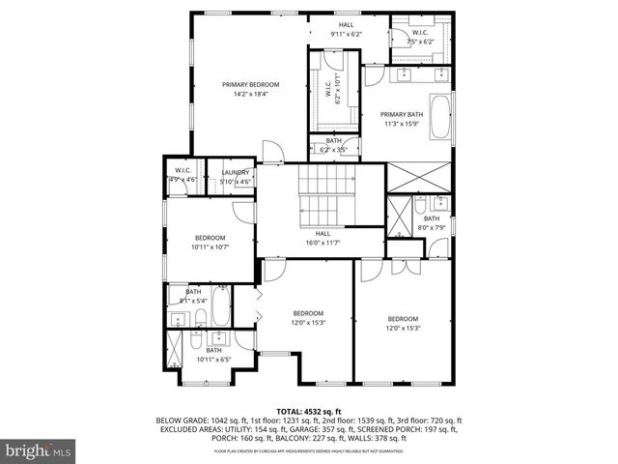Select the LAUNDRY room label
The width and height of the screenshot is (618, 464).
pos(235,173)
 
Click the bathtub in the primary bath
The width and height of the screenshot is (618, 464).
pos(439,117)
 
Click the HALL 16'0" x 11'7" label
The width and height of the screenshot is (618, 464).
pos(323,237)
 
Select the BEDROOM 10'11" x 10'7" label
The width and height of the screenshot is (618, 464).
pos(210,242)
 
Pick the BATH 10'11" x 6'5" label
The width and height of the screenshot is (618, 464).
pos(200,354)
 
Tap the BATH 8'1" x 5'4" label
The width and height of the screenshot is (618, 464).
pos(193,295)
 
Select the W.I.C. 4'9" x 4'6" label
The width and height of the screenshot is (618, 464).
pos(183,175)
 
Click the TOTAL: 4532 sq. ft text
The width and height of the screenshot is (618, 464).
pos(309,411)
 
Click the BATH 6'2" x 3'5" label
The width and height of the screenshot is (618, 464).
pos(334,145)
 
